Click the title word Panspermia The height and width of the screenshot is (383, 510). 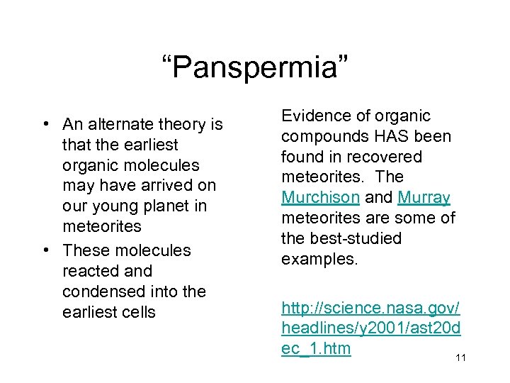pyautogui.click(x=254, y=69)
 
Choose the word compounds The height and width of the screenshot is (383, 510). pyautogui.click(x=320, y=135)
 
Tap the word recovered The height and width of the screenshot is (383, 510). pyautogui.click(x=381, y=156)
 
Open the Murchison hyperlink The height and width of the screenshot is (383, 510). pyautogui.click(x=320, y=197)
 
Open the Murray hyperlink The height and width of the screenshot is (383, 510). pyautogui.click(x=424, y=197)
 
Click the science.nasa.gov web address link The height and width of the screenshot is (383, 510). pyautogui.click(x=370, y=328)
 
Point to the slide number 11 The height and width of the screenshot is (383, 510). pyautogui.click(x=460, y=358)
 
